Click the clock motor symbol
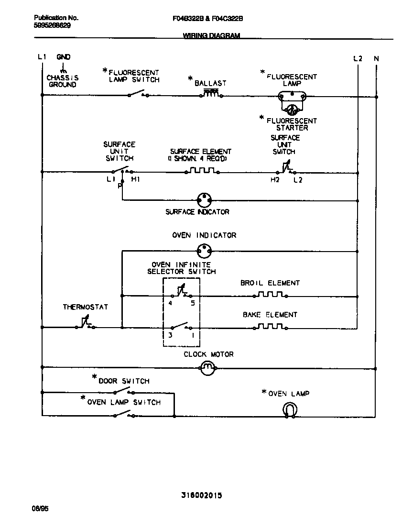pos(207,368)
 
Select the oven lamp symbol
pos(290,409)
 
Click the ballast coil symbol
pos(210,94)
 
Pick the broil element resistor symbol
pos(270,295)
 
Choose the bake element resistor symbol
pos(270,327)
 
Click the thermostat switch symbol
pos(85,325)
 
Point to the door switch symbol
pos(122,392)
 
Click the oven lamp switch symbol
pos(122,415)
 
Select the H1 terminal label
pos(135,180)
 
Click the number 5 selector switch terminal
pos(193,303)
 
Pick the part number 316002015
pos(201,495)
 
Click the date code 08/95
pos(41,509)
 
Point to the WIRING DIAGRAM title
pos(211,36)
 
